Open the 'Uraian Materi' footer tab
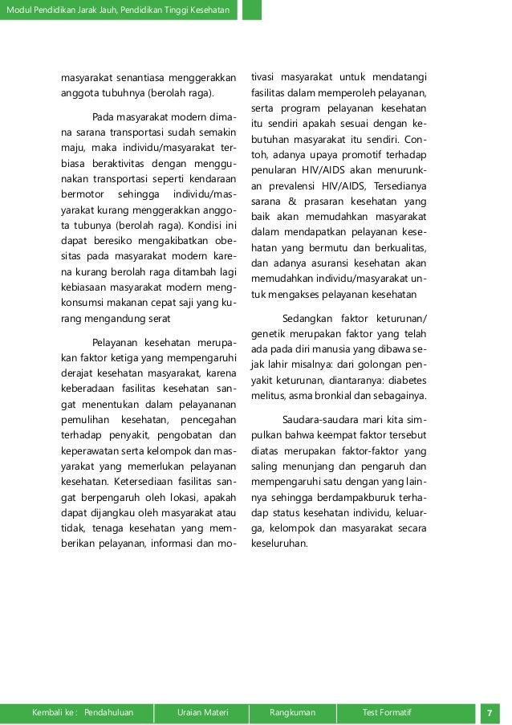point(203,712)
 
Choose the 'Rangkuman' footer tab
point(293,712)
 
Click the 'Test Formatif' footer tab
point(387,712)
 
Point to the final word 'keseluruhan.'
point(279,543)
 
